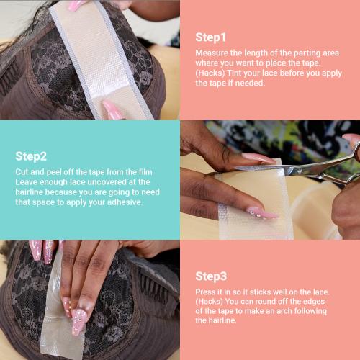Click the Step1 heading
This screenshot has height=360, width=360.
(210, 37)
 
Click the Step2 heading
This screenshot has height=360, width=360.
(31, 156)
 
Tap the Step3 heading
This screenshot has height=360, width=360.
(211, 276)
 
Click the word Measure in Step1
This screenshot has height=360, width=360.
(210, 53)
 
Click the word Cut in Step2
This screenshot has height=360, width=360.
(22, 172)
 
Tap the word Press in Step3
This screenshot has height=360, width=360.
(207, 292)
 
